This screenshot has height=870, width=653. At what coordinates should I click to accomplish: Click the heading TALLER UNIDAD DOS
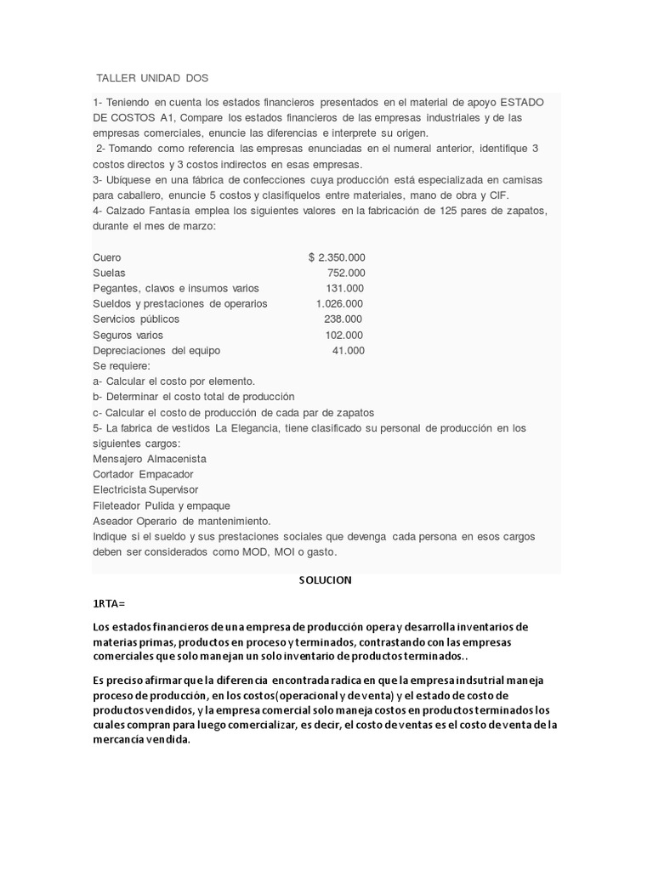(152, 78)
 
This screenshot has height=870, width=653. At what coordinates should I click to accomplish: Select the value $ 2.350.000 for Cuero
(337, 257)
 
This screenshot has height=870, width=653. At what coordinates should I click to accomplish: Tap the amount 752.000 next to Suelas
(346, 273)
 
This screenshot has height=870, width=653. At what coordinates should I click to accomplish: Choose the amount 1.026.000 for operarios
(338, 303)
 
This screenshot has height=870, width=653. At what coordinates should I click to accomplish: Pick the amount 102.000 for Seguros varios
(344, 335)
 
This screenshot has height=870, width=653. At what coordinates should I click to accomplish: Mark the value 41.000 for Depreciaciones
(348, 350)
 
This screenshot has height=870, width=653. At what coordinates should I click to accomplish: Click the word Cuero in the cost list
(107, 257)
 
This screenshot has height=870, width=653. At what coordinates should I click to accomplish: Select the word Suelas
(109, 273)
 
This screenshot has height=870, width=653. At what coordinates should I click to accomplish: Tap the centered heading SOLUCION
(325, 580)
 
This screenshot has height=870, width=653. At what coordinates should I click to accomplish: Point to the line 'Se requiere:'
(121, 365)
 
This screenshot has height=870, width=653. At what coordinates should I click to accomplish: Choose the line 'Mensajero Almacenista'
(150, 459)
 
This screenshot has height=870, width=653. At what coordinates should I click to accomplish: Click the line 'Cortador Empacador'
(143, 474)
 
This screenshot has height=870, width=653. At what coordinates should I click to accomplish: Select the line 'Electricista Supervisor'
(145, 489)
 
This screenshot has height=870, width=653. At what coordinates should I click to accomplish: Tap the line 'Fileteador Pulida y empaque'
(162, 506)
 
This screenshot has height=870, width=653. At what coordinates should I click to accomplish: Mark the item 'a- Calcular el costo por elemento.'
(174, 381)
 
